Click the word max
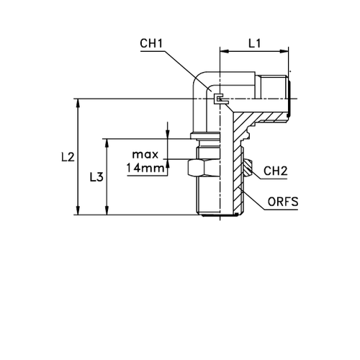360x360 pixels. click(146, 155)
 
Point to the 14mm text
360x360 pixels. click(146, 169)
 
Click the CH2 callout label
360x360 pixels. click(275, 171)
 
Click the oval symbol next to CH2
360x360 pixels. click(248, 168)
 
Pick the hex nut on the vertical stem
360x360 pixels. click(197, 170)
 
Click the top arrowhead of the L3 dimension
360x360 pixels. click(107, 142)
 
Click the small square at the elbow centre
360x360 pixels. click(219, 97)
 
